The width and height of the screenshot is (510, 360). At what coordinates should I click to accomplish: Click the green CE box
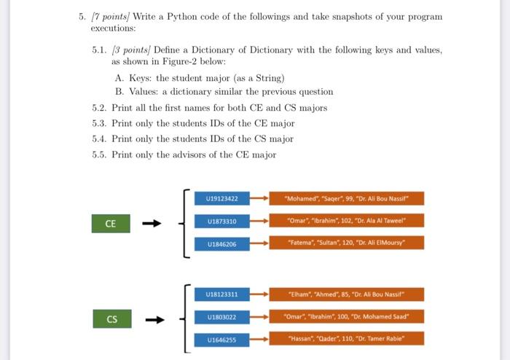pos(110,224)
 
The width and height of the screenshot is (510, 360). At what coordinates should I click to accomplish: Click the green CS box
pos(111,319)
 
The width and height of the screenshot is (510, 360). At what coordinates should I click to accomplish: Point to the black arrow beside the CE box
pos(152,224)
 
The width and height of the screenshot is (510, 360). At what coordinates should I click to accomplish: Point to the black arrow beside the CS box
pos(154,319)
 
